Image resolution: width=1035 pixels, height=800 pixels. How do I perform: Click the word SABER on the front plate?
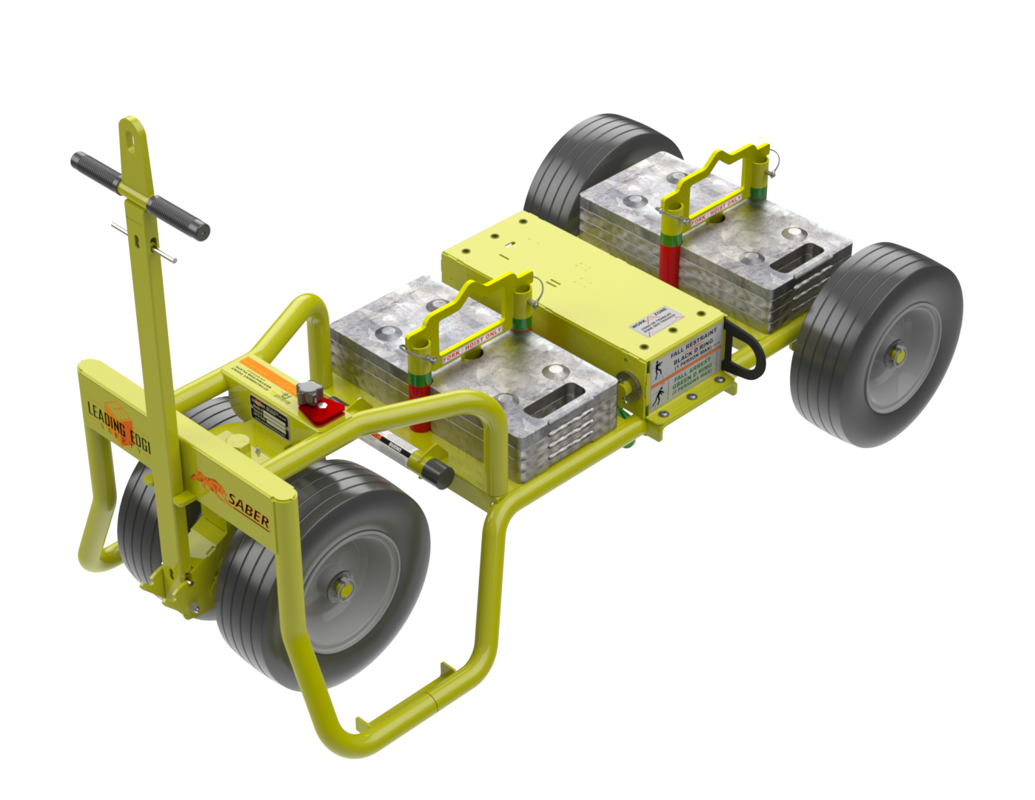click(249, 510)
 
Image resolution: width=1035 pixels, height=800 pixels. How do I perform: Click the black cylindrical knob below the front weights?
click(438, 472)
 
